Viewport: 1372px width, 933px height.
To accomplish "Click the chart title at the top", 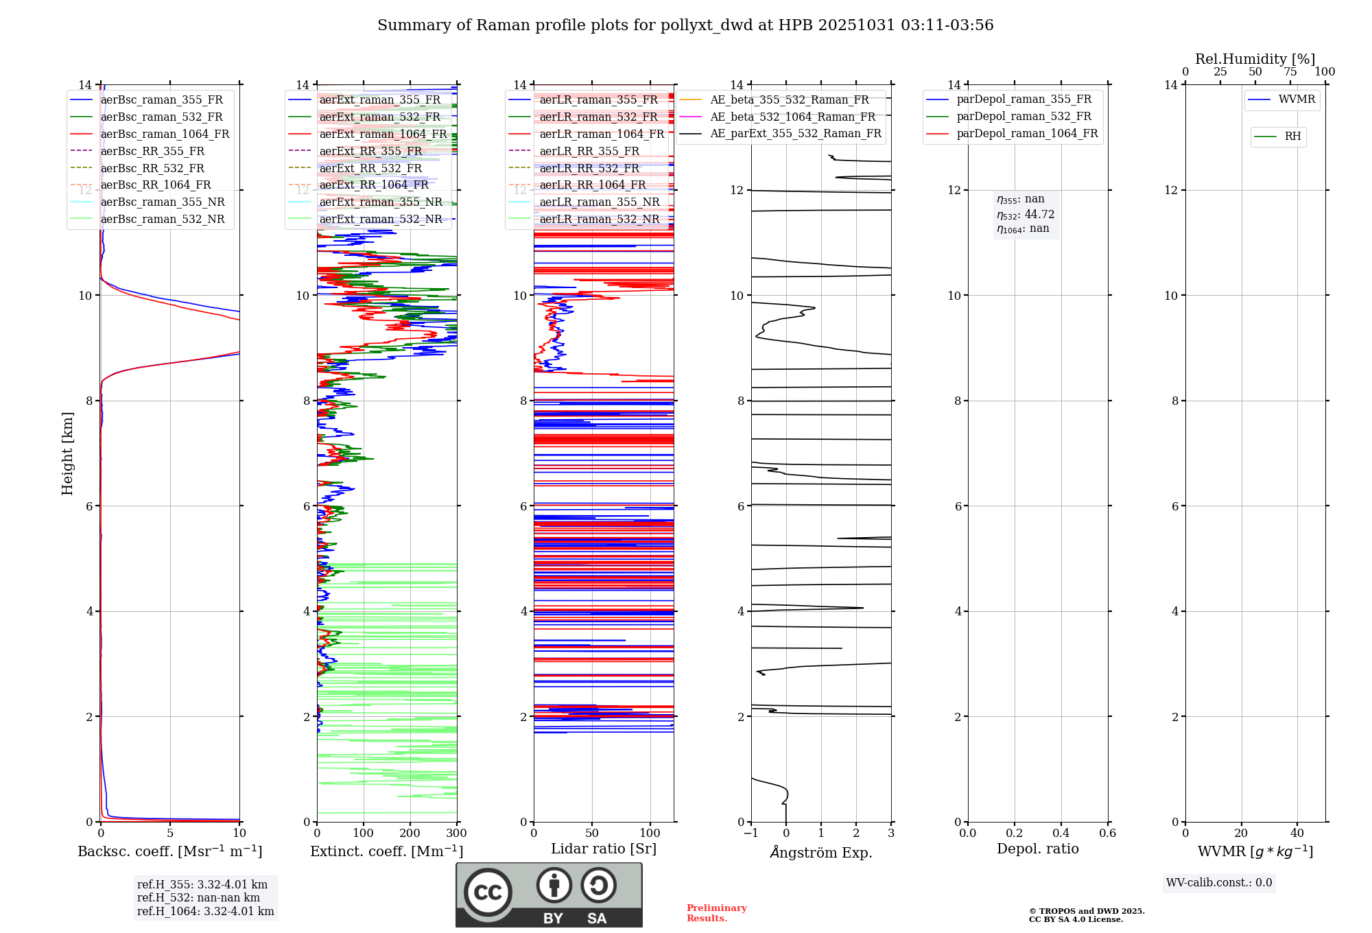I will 685,25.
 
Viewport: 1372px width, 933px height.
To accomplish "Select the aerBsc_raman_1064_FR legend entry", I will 165,134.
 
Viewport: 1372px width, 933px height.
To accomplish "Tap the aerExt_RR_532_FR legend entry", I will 370,168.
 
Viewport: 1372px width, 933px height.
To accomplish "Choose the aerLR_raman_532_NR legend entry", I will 599,220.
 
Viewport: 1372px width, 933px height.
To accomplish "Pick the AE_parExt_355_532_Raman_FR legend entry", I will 796,134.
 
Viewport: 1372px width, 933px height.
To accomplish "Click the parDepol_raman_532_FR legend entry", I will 1024,117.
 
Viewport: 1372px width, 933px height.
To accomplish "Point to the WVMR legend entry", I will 1297,99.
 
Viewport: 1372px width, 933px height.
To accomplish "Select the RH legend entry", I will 1292,137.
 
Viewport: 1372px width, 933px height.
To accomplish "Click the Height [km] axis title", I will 67,453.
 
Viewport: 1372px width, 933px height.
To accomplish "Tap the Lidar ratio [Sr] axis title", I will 604,849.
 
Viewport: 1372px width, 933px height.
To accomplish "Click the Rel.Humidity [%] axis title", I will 1255,59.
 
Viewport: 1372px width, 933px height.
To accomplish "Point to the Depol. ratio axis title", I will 1037,849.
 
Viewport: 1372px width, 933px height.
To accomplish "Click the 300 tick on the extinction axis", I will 457,834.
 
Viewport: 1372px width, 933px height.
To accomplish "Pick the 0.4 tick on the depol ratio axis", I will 1061,834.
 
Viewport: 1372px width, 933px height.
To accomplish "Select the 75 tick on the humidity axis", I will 1290,72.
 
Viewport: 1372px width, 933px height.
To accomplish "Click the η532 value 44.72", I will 1039,215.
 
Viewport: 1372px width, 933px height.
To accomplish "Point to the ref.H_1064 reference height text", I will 205,912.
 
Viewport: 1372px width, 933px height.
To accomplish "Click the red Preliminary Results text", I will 716,913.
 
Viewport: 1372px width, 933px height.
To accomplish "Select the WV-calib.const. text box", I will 1218,883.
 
